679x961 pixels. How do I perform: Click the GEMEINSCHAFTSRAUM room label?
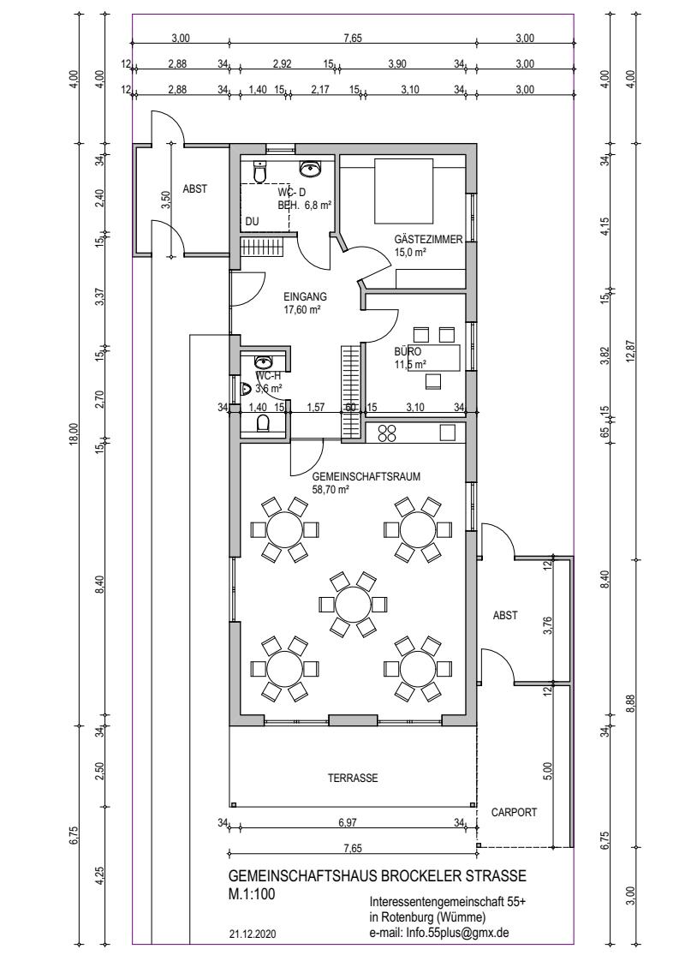click(366, 477)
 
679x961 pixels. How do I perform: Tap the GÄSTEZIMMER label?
click(428, 240)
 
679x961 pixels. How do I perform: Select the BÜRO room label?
click(408, 352)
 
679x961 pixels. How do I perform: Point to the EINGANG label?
click(301, 296)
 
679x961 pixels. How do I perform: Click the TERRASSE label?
click(353, 779)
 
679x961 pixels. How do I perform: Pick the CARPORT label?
click(514, 812)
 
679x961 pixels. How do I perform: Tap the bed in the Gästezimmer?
click(405, 191)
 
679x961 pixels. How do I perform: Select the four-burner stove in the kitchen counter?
click(387, 433)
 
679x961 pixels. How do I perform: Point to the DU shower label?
click(251, 222)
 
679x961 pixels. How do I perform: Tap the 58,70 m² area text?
click(331, 489)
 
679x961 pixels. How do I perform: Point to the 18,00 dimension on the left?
click(74, 434)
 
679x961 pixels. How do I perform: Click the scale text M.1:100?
click(252, 894)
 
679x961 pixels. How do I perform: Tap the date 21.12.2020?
click(253, 935)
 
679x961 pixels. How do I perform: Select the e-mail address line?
click(438, 933)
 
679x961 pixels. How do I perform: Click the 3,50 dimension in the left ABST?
click(164, 200)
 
